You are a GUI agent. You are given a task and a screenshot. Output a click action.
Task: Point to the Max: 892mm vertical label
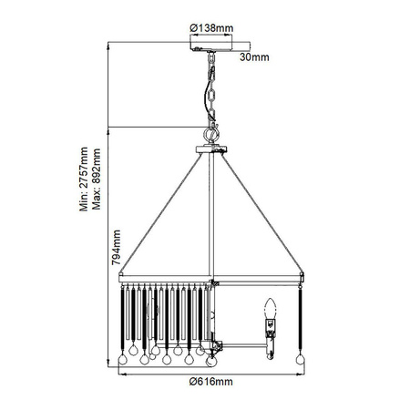click(96, 187)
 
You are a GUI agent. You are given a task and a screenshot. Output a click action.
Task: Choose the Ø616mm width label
click(210, 382)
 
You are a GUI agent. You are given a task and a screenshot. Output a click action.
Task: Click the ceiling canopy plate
click(210, 44)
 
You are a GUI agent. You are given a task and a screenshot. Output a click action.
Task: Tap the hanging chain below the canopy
click(210, 91)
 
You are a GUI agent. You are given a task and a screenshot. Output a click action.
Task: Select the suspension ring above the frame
click(210, 133)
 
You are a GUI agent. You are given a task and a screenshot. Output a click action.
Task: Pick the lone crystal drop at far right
click(298, 363)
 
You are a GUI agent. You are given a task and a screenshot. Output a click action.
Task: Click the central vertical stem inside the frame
click(210, 219)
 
